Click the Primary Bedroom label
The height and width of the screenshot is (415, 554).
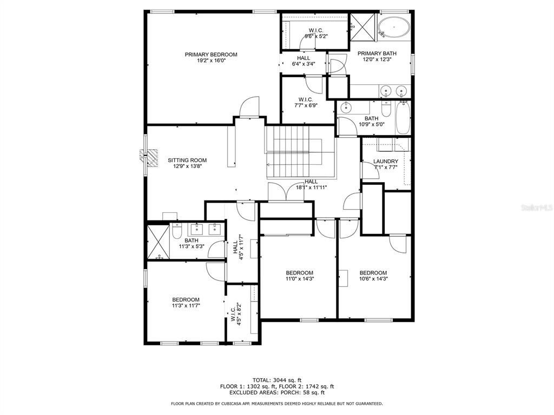pos(211,55)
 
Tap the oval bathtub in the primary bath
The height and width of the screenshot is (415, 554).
pos(394,27)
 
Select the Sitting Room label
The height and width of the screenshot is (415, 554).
pos(187,160)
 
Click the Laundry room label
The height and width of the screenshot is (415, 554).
pos(385,161)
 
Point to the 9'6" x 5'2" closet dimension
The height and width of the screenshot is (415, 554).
pos(316,36)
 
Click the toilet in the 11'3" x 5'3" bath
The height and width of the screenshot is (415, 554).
pos(177,231)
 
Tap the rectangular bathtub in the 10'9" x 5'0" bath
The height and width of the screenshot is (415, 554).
pos(403,117)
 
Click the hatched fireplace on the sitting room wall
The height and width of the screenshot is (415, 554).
pos(149,157)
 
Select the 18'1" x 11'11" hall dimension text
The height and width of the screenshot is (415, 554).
pos(311,188)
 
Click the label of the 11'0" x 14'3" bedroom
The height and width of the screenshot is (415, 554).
pos(299,273)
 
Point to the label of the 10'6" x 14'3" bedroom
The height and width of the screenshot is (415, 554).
pos(373,273)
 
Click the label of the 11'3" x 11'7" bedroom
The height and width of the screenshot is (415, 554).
pos(186,299)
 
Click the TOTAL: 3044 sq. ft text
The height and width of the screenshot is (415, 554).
pos(277,380)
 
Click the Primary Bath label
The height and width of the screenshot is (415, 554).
pos(377,53)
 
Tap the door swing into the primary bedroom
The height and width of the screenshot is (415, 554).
pos(248,106)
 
